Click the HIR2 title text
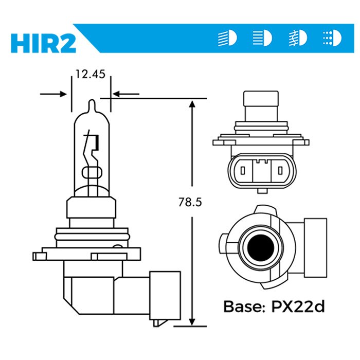[x=43, y=42]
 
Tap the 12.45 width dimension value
[x=90, y=74]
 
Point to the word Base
[x=241, y=307]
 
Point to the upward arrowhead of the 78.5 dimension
[x=191, y=105]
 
